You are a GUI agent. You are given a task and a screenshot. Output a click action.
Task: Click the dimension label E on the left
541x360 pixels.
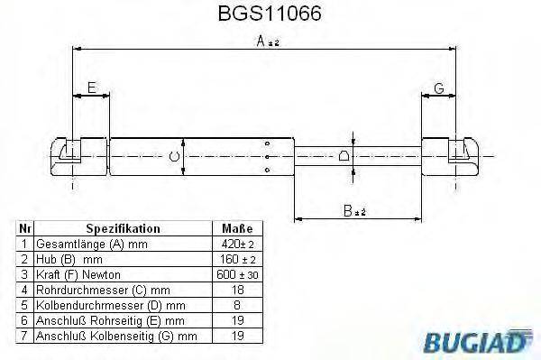91,87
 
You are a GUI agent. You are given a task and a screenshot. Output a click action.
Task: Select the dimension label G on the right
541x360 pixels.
438,87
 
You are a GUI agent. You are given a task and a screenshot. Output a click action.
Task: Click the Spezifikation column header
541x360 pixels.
123,229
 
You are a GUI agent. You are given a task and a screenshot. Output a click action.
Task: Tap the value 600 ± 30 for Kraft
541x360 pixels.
236,273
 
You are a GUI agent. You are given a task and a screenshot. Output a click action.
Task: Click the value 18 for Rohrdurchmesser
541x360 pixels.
236,289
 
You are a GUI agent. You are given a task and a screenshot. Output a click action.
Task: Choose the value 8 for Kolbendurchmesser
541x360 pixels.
236,304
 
